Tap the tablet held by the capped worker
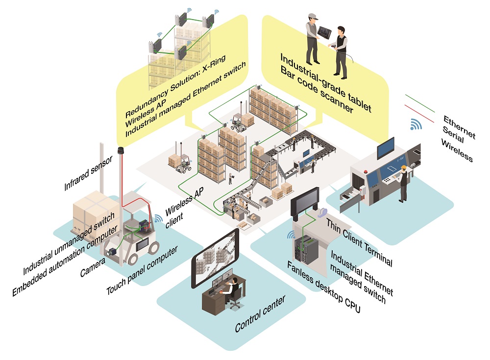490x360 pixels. click(324, 32)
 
